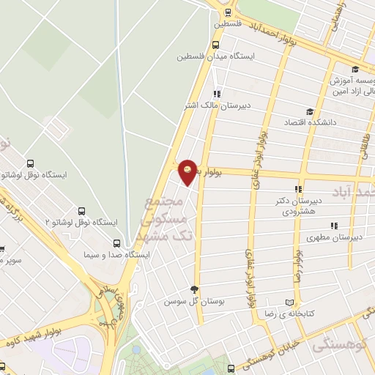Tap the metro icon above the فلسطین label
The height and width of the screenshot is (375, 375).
[x=227, y=12]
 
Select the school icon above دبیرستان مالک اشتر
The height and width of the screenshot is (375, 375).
[x=217, y=94]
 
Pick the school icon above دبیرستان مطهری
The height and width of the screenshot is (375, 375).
[x=333, y=226]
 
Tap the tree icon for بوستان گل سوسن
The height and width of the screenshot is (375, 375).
[x=194, y=289]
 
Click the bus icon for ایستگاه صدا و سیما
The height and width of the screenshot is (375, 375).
[x=116, y=242]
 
